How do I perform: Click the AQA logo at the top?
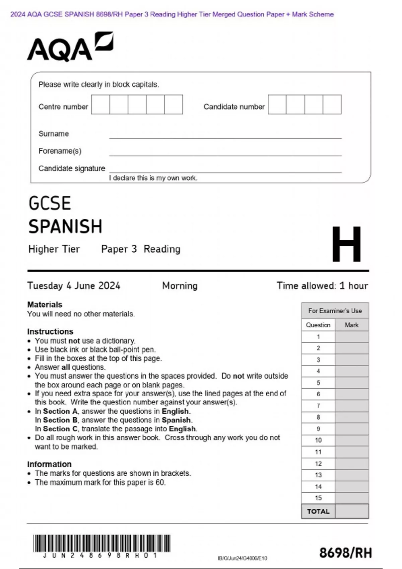tap(70, 47)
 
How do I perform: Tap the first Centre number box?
tap(100, 104)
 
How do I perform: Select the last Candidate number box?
tap(332, 104)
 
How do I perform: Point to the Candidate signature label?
tap(72, 168)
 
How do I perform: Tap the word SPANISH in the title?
tap(65, 227)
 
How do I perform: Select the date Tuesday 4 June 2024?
tap(74, 286)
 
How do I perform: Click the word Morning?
tap(180, 286)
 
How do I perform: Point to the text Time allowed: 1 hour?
tap(322, 286)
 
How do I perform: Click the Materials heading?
tap(45, 305)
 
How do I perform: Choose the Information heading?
tap(49, 464)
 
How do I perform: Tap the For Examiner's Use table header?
tap(335, 311)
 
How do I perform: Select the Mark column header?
tap(351, 325)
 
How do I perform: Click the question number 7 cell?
tap(318, 406)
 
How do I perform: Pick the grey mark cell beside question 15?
tap(351, 498)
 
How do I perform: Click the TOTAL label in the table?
tap(318, 511)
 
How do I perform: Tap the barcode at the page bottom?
tap(102, 543)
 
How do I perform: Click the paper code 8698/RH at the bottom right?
tap(345, 553)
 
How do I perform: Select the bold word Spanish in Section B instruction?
tap(177, 420)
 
